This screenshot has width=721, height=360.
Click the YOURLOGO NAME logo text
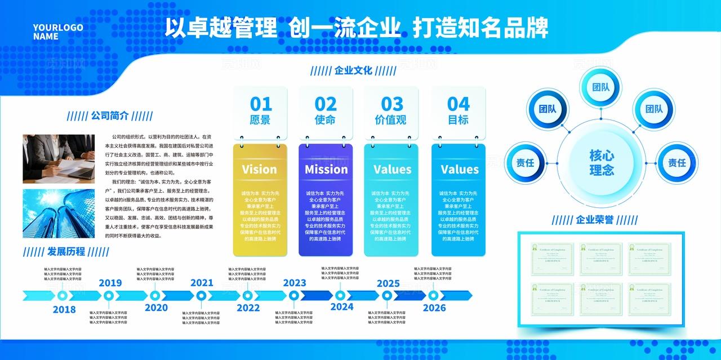[57, 32]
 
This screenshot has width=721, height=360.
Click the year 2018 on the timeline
[64, 309]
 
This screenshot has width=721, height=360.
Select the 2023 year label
[294, 283]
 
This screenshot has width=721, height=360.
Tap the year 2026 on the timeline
[434, 308]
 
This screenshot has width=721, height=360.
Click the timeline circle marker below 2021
[201, 295]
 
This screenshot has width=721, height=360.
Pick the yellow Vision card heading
[259, 169]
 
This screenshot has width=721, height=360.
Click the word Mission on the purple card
[326, 169]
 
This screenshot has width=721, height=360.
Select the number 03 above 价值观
[392, 104]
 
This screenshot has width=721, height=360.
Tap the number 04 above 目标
[458, 104]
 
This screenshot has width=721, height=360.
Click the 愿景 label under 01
[260, 120]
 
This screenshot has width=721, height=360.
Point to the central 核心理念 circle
[601, 162]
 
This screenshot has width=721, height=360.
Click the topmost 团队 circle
[600, 87]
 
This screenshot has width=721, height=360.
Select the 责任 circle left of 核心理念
[525, 162]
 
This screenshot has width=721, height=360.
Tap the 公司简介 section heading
[110, 116]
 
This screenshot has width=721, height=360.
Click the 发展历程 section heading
[66, 251]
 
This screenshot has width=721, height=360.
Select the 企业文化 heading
[353, 70]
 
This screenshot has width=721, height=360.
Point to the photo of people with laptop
[59, 158]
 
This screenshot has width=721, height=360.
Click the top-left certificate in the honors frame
[552, 259]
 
